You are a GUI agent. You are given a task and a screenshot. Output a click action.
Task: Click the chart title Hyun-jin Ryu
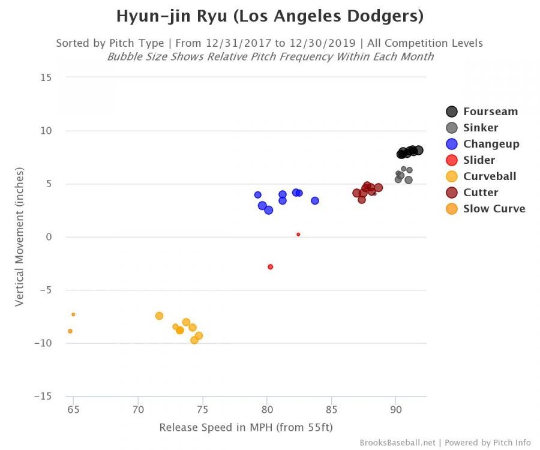(x=269, y=16)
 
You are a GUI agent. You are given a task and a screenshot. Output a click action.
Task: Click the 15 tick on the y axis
(x=46, y=77)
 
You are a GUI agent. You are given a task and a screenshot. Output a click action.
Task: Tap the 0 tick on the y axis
(x=49, y=237)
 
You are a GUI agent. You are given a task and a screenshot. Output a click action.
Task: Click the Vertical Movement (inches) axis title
(x=19, y=237)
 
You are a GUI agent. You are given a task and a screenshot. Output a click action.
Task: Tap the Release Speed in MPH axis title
(x=246, y=427)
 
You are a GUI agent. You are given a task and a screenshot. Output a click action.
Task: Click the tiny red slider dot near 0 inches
(x=298, y=235)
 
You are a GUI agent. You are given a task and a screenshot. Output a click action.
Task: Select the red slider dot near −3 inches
(x=271, y=266)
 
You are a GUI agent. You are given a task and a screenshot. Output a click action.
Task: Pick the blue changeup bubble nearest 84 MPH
(x=315, y=200)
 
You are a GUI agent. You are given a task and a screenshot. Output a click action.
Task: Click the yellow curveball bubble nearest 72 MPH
(x=159, y=316)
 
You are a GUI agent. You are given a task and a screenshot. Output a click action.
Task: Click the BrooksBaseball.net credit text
(x=398, y=443)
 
